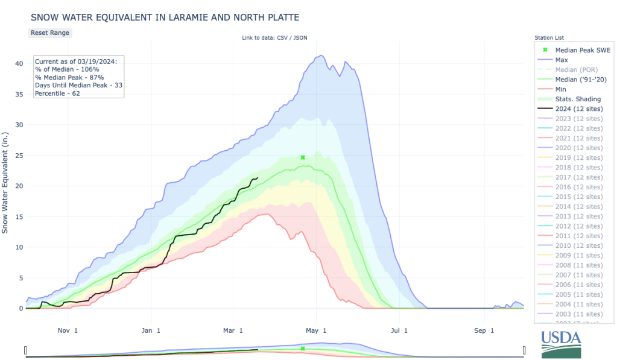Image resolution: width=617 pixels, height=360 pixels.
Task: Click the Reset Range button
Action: click(50, 33)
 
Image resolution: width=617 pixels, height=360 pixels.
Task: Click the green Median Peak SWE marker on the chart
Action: click(303, 157)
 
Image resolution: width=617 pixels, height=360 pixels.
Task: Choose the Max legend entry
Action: click(562, 60)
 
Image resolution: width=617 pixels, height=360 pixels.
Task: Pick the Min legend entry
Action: click(561, 89)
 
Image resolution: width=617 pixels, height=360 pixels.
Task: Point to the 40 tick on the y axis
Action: click(19, 63)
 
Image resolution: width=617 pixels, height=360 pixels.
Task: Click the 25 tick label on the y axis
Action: click(19, 155)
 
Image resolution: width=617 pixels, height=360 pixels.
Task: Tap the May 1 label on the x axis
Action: click(316, 330)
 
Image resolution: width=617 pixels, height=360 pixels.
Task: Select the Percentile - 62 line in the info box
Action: click(57, 93)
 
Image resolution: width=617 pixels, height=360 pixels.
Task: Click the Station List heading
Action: click(549, 38)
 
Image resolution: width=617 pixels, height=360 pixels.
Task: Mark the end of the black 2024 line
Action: click(258, 177)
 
